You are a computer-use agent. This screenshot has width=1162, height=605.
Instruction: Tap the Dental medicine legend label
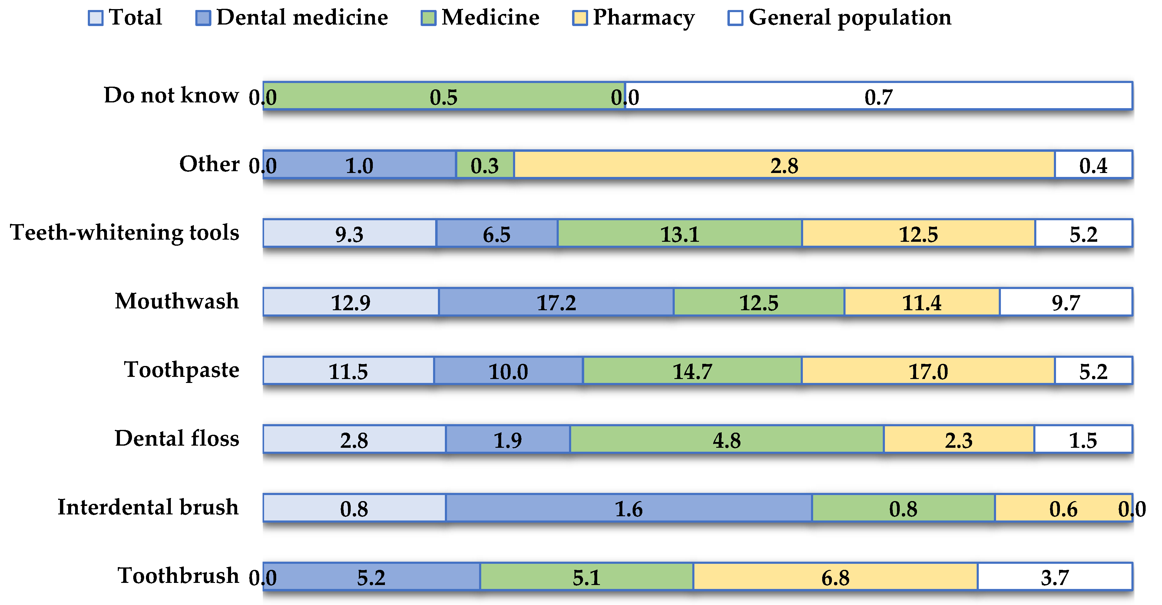[x=302, y=18]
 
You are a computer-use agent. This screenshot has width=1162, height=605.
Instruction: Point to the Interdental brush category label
[x=148, y=507]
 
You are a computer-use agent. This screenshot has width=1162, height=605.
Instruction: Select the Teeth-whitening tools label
[x=124, y=233]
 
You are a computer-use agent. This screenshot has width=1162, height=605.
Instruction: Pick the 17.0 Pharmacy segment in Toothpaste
[x=928, y=371]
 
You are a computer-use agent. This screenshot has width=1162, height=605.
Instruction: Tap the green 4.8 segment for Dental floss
[x=726, y=439]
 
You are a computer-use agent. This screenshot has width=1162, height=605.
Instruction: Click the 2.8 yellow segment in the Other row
[x=784, y=165]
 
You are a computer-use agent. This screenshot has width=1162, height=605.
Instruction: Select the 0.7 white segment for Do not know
[x=878, y=96]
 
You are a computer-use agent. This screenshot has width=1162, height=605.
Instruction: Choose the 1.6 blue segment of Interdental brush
[x=628, y=508]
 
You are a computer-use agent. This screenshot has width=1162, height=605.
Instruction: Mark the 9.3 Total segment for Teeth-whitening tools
[x=349, y=233]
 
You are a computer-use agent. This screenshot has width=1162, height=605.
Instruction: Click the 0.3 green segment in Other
[x=485, y=165]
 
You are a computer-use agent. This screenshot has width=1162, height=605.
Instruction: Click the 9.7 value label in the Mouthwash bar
[x=1066, y=302]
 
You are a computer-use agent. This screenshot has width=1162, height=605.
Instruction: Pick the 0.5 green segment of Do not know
[x=443, y=96]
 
